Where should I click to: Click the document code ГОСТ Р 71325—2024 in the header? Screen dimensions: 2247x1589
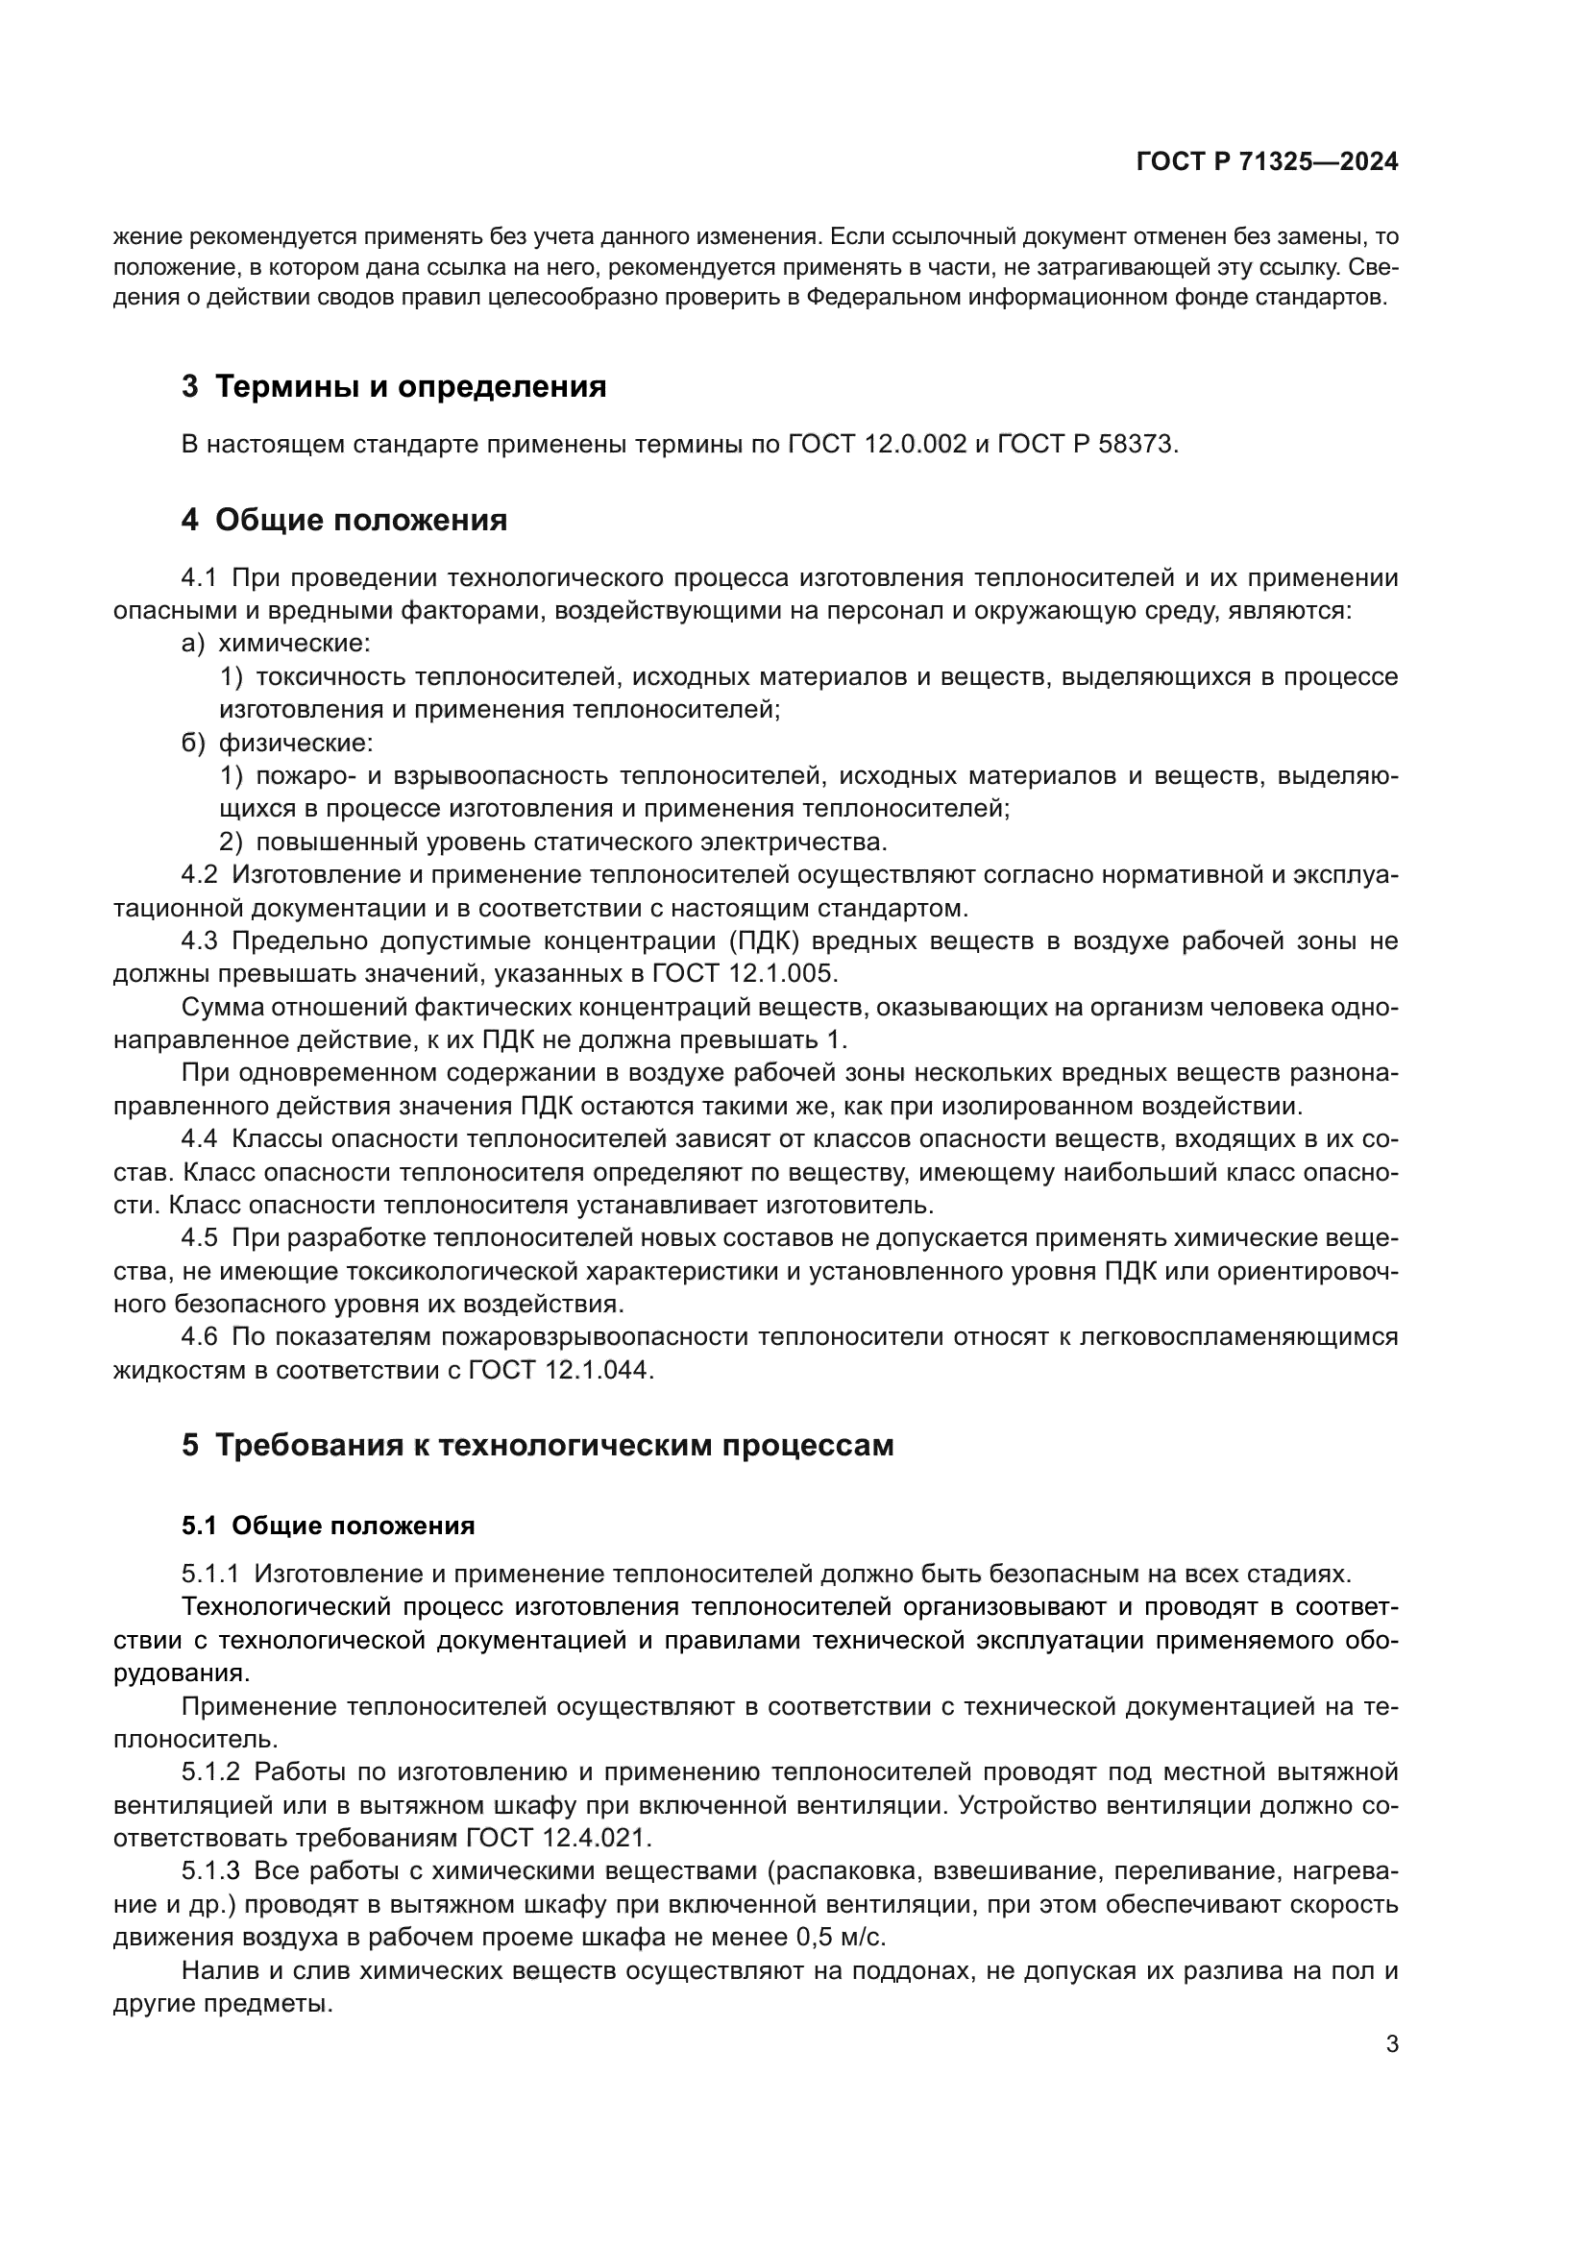point(1266,162)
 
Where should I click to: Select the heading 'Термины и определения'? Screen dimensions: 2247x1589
point(410,386)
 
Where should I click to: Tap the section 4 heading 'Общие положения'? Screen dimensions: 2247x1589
point(360,520)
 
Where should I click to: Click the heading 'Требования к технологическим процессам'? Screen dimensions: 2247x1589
point(553,1445)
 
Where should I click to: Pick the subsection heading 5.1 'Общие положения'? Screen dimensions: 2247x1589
point(354,1526)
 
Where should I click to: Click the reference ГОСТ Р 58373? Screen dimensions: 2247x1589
point(1087,445)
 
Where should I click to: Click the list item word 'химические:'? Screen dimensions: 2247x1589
point(295,643)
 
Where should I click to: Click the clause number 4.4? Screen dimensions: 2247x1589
point(199,1139)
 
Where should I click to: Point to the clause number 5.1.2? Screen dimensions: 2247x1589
point(210,1772)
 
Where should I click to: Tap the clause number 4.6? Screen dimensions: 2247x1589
point(199,1337)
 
